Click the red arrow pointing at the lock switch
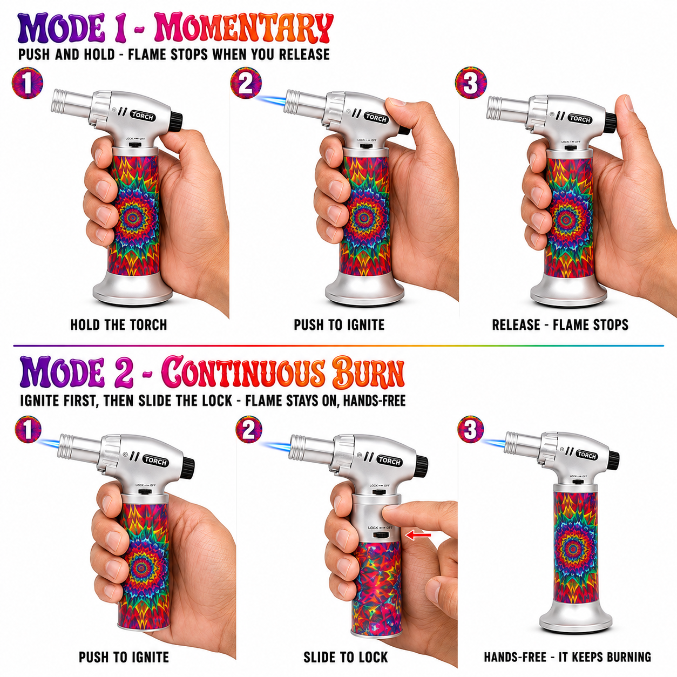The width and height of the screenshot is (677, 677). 418,535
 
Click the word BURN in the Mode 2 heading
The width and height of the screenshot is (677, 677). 368,372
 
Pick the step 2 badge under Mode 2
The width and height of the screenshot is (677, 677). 249,429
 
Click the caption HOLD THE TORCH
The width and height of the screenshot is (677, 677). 119,325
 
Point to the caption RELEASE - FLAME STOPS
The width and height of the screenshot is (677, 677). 560,325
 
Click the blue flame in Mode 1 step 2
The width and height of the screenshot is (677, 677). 270,102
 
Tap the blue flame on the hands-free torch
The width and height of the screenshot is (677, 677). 494,444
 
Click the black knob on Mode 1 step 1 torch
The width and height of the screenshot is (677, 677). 177,122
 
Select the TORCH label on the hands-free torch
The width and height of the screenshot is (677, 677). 586,455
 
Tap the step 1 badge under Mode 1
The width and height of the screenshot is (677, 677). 27,83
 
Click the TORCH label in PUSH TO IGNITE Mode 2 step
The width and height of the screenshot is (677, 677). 155,461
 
